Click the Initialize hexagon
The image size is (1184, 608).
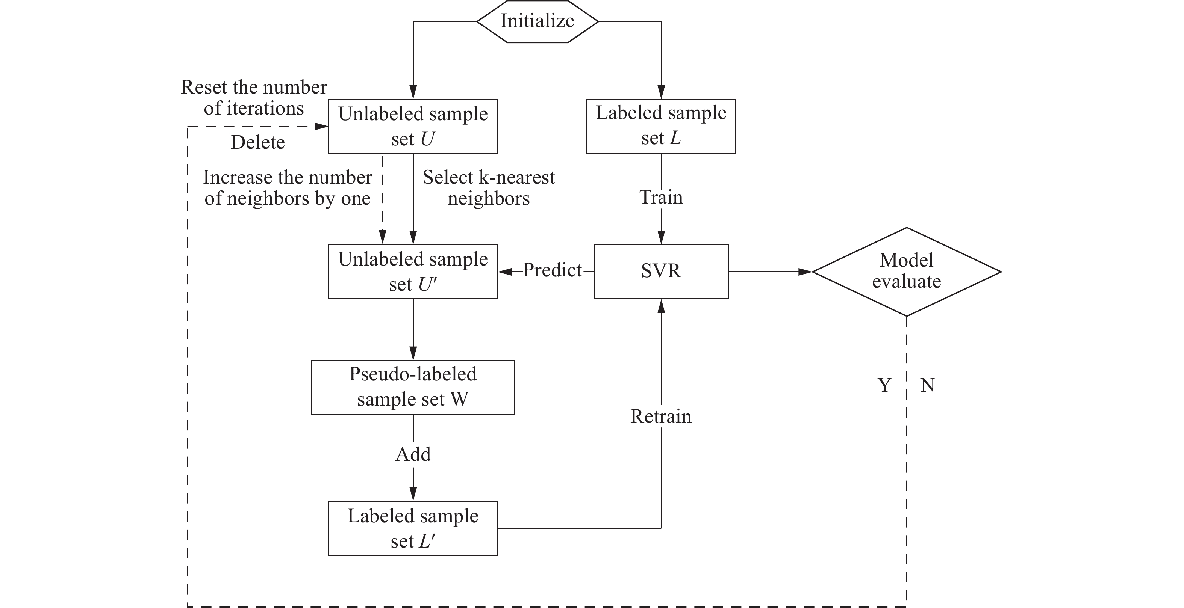[x=537, y=21]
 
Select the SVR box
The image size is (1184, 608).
[x=660, y=272]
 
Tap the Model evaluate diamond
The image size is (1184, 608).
[x=906, y=272]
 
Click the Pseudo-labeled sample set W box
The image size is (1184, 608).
[x=413, y=387]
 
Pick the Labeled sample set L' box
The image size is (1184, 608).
[x=413, y=528]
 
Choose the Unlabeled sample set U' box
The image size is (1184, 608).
[x=413, y=272]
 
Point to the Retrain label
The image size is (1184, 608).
[x=660, y=416]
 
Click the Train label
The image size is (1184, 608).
[x=660, y=198]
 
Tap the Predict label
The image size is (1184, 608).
[x=552, y=270]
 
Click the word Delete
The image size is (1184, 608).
[x=257, y=142]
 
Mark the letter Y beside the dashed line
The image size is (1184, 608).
[x=884, y=385]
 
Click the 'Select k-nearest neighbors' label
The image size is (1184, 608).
[x=489, y=188]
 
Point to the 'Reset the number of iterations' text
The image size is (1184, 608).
[x=254, y=98]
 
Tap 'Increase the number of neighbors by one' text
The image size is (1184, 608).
[x=287, y=188]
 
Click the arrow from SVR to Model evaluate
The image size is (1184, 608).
[x=770, y=272]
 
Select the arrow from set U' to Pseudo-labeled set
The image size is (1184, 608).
[x=413, y=329]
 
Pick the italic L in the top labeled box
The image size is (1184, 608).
[x=675, y=138]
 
